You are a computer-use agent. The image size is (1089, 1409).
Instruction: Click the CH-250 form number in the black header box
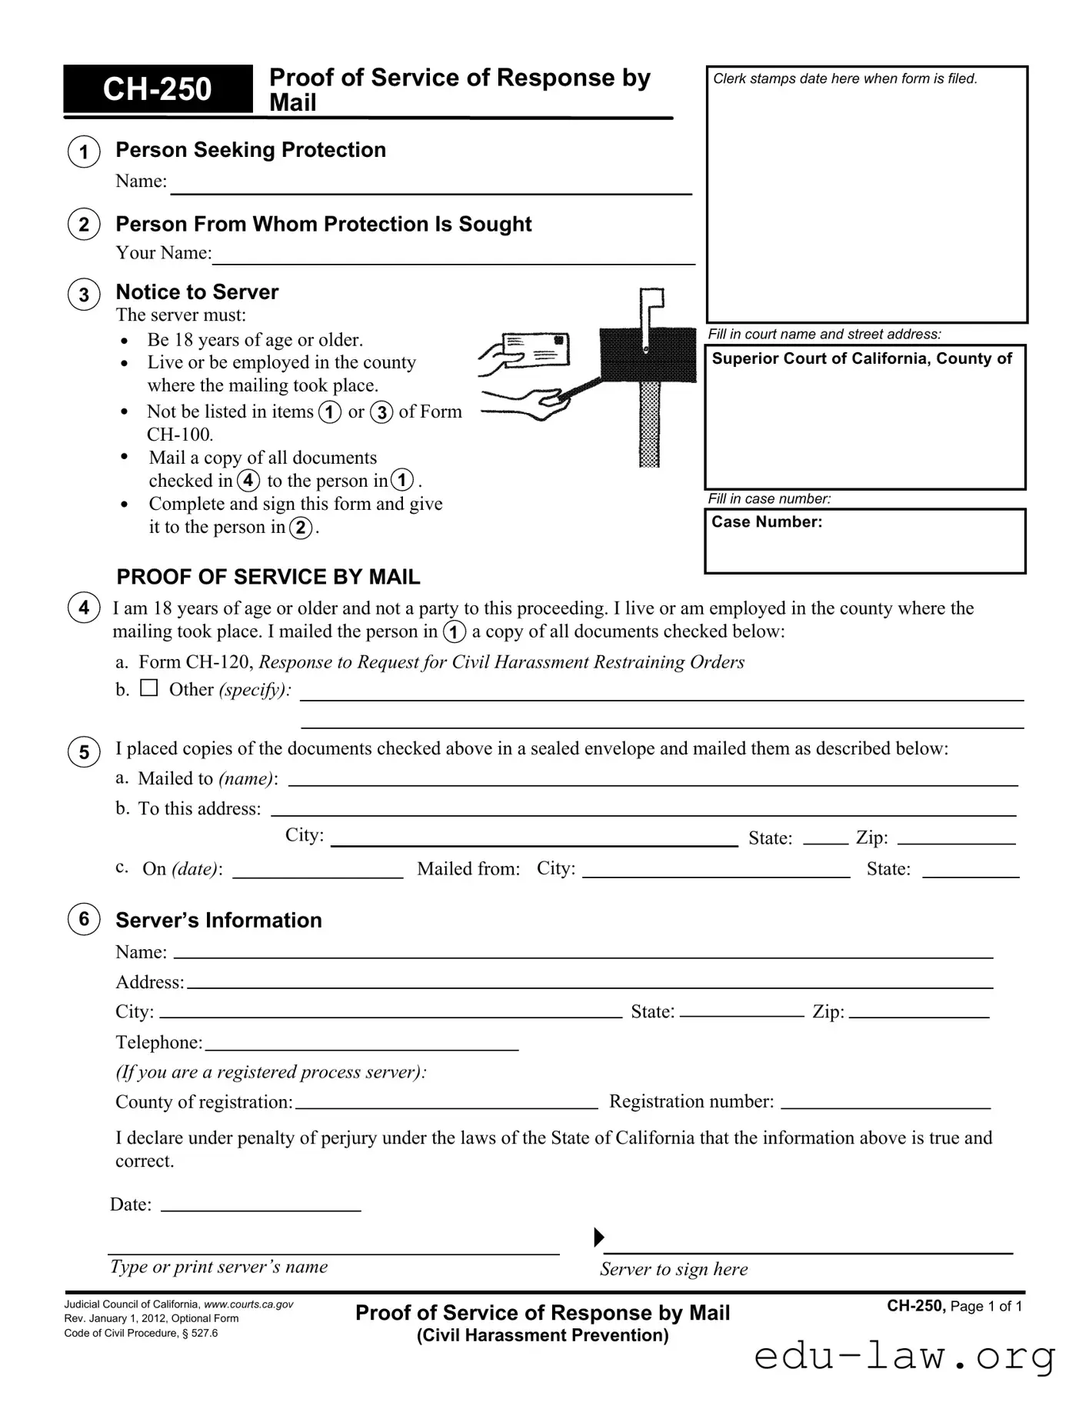[157, 89]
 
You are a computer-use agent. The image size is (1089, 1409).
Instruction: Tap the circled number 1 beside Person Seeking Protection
[84, 152]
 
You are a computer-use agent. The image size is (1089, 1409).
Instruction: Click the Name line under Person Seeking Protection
[431, 185]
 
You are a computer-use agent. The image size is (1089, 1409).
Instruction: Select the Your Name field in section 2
[454, 255]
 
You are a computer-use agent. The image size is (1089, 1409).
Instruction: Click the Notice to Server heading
[197, 292]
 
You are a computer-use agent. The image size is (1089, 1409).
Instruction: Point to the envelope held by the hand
[536, 351]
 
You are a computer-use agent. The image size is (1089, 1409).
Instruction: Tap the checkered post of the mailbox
[650, 423]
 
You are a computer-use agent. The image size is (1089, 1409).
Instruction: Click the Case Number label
[767, 522]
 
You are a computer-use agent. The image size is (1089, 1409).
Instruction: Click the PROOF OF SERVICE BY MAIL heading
[268, 577]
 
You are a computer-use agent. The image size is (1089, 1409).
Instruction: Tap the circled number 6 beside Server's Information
[84, 919]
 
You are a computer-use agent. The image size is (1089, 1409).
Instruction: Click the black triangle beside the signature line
[599, 1237]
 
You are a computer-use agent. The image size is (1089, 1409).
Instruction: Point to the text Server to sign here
[674, 1269]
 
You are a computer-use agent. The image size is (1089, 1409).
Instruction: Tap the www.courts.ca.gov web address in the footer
[248, 1304]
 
